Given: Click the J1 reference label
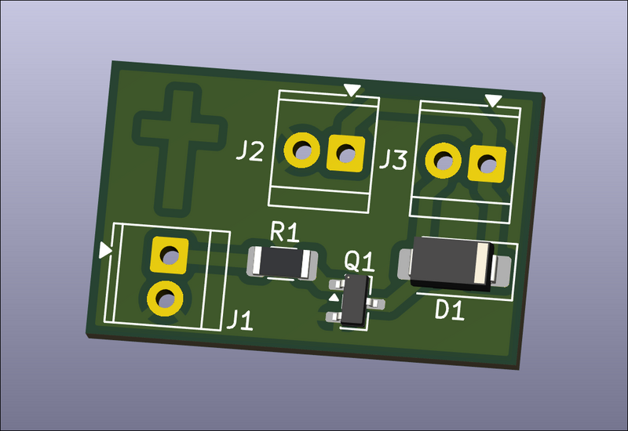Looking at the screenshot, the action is [240, 320].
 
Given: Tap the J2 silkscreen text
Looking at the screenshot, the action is [250, 151].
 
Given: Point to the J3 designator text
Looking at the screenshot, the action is [393, 159].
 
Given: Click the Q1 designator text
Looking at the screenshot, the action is [360, 262].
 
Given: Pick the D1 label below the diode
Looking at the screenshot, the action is [450, 310].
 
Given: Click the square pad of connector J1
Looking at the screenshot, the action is [170, 255].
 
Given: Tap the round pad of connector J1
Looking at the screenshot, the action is [165, 299].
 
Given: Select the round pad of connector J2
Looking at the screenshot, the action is [302, 150].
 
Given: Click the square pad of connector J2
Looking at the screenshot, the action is [346, 154].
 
